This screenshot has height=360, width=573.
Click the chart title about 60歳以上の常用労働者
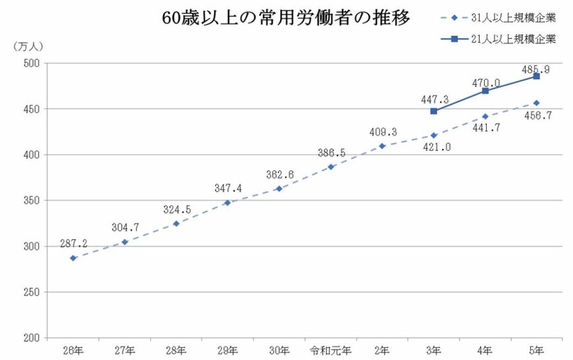point(286,18)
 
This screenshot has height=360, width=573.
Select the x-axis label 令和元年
point(331,349)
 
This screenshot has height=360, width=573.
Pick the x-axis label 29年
point(227,349)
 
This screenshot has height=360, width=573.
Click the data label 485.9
point(537,68)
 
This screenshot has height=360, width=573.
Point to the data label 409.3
point(382,132)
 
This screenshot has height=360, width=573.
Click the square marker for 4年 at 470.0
point(485,91)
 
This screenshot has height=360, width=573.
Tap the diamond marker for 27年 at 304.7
point(124,242)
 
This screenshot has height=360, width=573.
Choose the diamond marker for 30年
point(279,189)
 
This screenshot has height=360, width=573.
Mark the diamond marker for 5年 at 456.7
point(537,103)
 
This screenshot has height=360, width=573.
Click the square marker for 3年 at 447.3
point(433,111)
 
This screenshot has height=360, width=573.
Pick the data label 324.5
point(177,211)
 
